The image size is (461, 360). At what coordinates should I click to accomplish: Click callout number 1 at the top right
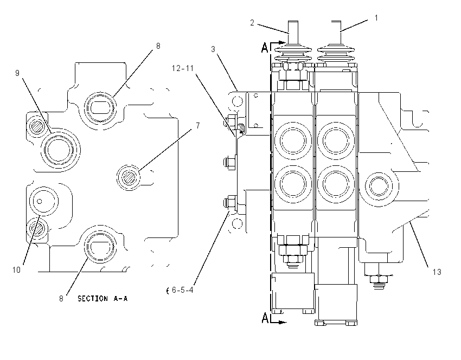(376, 18)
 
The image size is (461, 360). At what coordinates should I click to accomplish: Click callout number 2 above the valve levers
(252, 23)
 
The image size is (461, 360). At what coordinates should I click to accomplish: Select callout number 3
(213, 49)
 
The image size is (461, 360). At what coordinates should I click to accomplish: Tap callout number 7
(198, 125)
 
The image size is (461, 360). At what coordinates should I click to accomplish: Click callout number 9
(17, 73)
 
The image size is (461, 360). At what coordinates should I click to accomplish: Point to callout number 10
(16, 269)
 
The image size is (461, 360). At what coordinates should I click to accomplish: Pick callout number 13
(437, 272)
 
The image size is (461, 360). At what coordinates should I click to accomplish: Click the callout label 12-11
(183, 68)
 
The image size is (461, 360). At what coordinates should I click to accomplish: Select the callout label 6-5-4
(183, 290)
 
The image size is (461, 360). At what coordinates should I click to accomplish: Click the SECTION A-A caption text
(103, 299)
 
